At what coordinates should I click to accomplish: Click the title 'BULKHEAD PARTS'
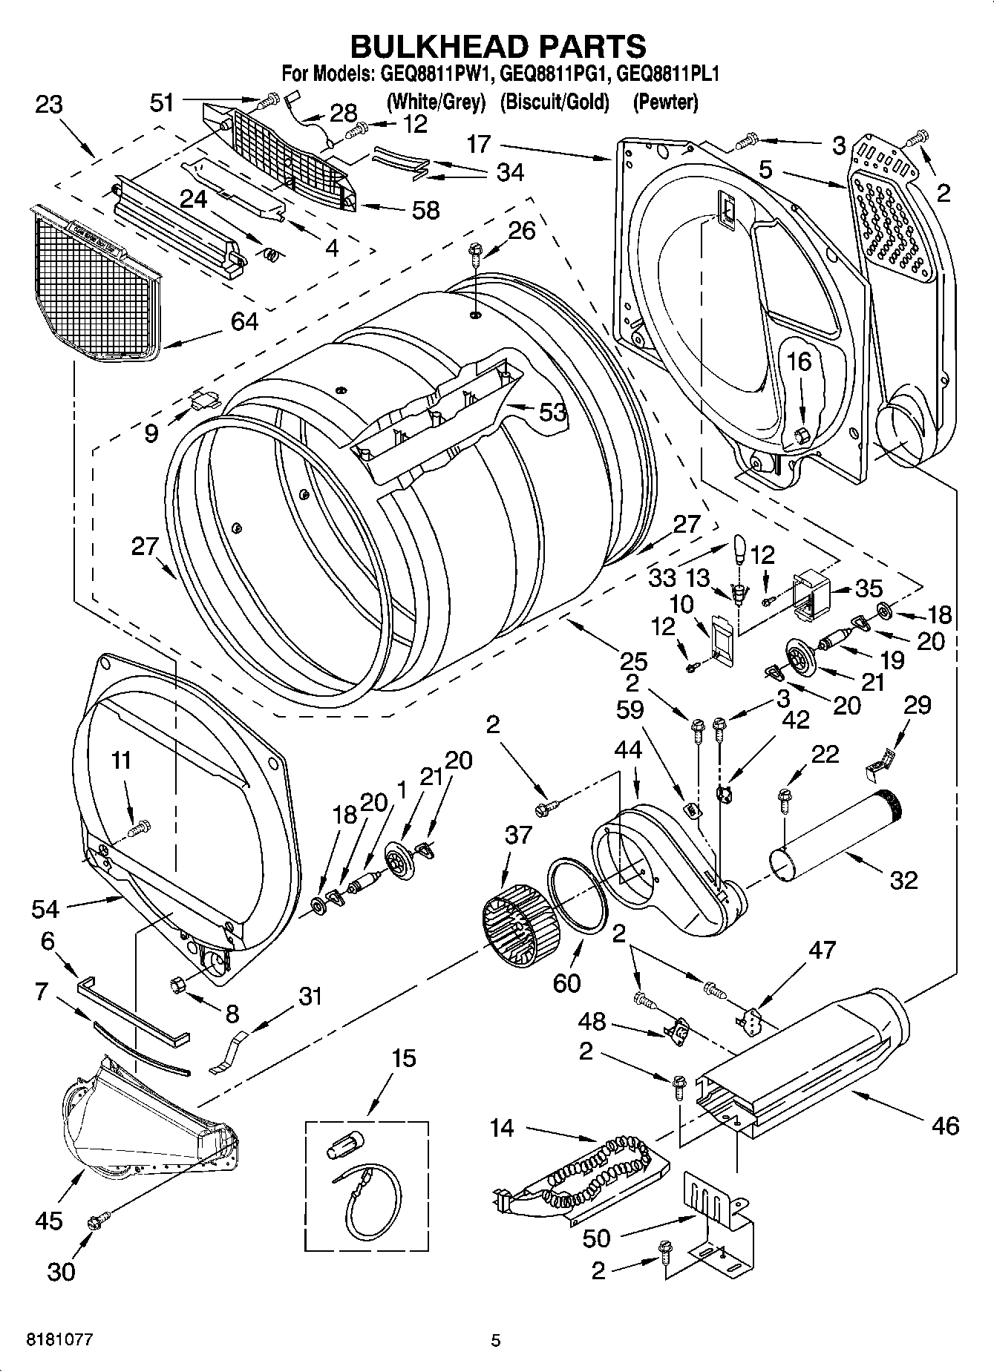497,46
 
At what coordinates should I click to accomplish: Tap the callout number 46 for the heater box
944,1125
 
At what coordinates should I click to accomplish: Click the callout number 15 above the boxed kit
404,1058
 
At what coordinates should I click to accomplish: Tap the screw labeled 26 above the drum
473,256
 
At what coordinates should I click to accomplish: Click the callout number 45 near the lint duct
49,1221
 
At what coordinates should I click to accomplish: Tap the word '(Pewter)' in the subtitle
665,102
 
